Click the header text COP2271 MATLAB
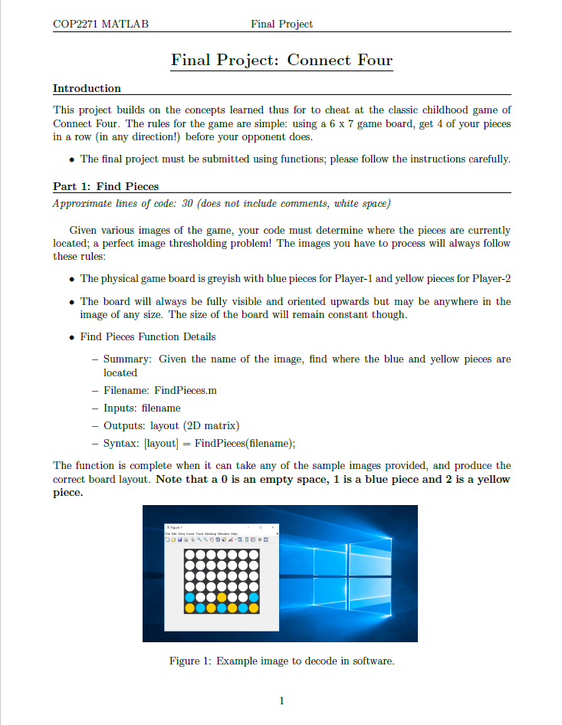click(x=100, y=24)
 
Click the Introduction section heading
click(x=87, y=88)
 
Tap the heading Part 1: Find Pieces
click(x=106, y=186)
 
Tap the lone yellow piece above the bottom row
click(x=221, y=597)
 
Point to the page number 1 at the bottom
click(x=281, y=700)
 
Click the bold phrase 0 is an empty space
click(x=246, y=480)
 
